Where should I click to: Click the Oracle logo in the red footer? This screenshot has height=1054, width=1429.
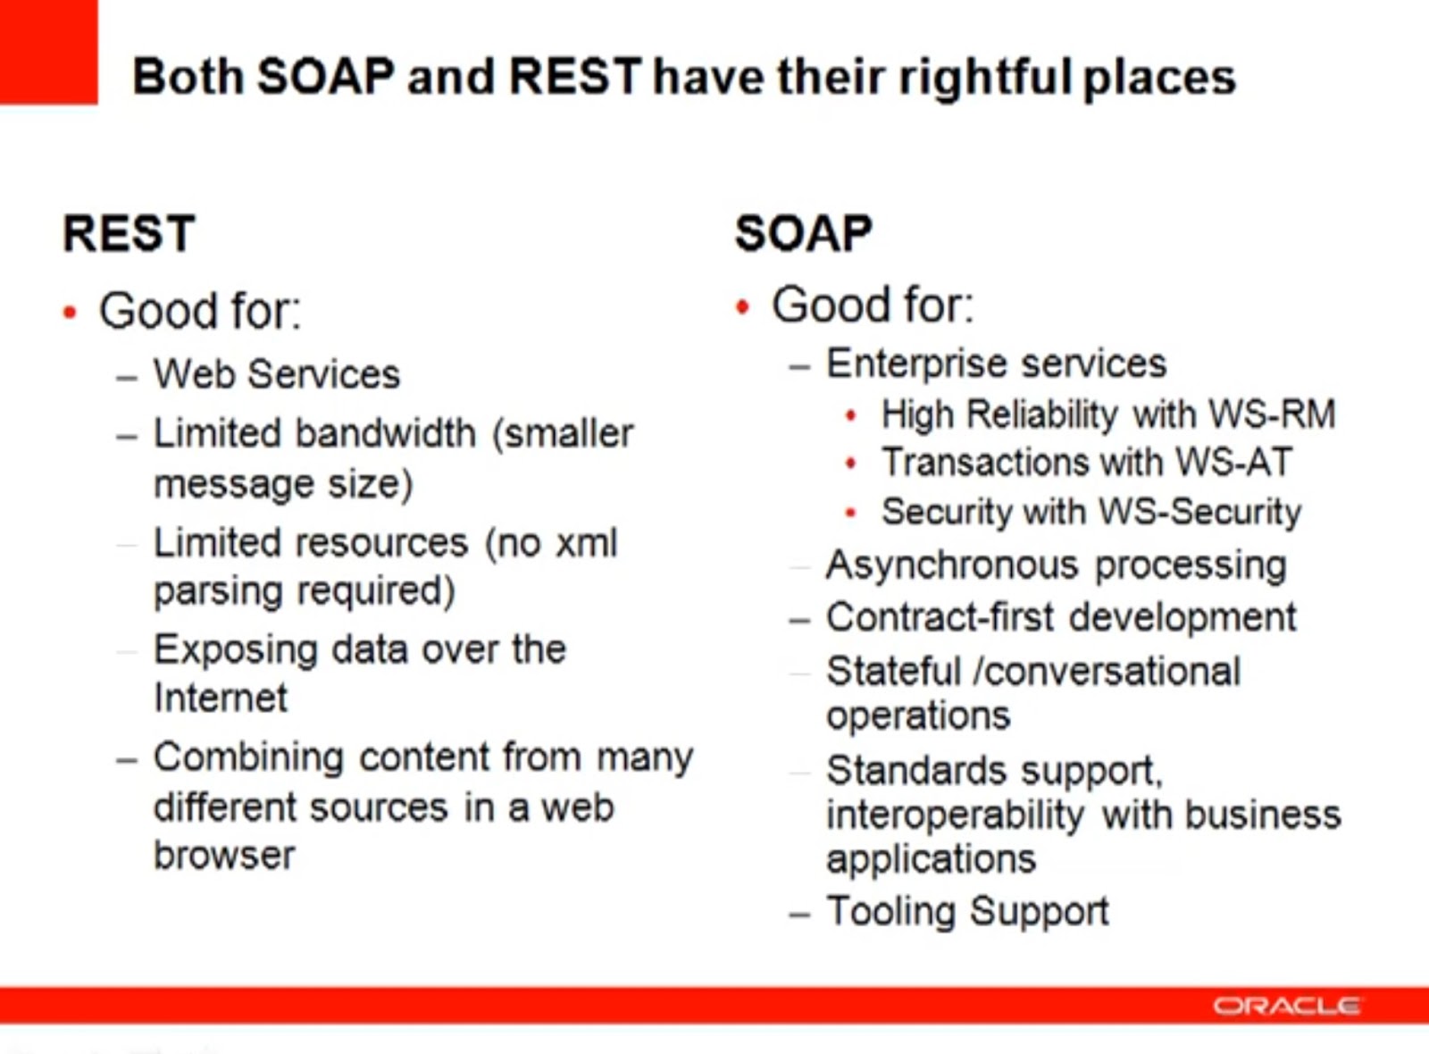coord(1286,1007)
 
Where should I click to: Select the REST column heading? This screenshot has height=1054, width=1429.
coord(129,234)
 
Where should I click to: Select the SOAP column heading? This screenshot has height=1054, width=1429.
coord(803,234)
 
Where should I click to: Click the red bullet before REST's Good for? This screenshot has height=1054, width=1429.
coord(71,313)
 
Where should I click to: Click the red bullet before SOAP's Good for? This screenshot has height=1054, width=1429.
coord(742,307)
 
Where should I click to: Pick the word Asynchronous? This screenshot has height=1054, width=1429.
coord(952,565)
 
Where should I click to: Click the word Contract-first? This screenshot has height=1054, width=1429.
coord(940,617)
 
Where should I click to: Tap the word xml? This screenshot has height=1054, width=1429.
coord(586,543)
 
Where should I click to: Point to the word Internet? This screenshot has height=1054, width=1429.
coord(221,698)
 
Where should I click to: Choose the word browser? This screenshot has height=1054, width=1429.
coord(224,856)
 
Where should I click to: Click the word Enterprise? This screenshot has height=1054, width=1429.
coord(916,364)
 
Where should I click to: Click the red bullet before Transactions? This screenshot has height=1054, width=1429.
coord(850,464)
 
